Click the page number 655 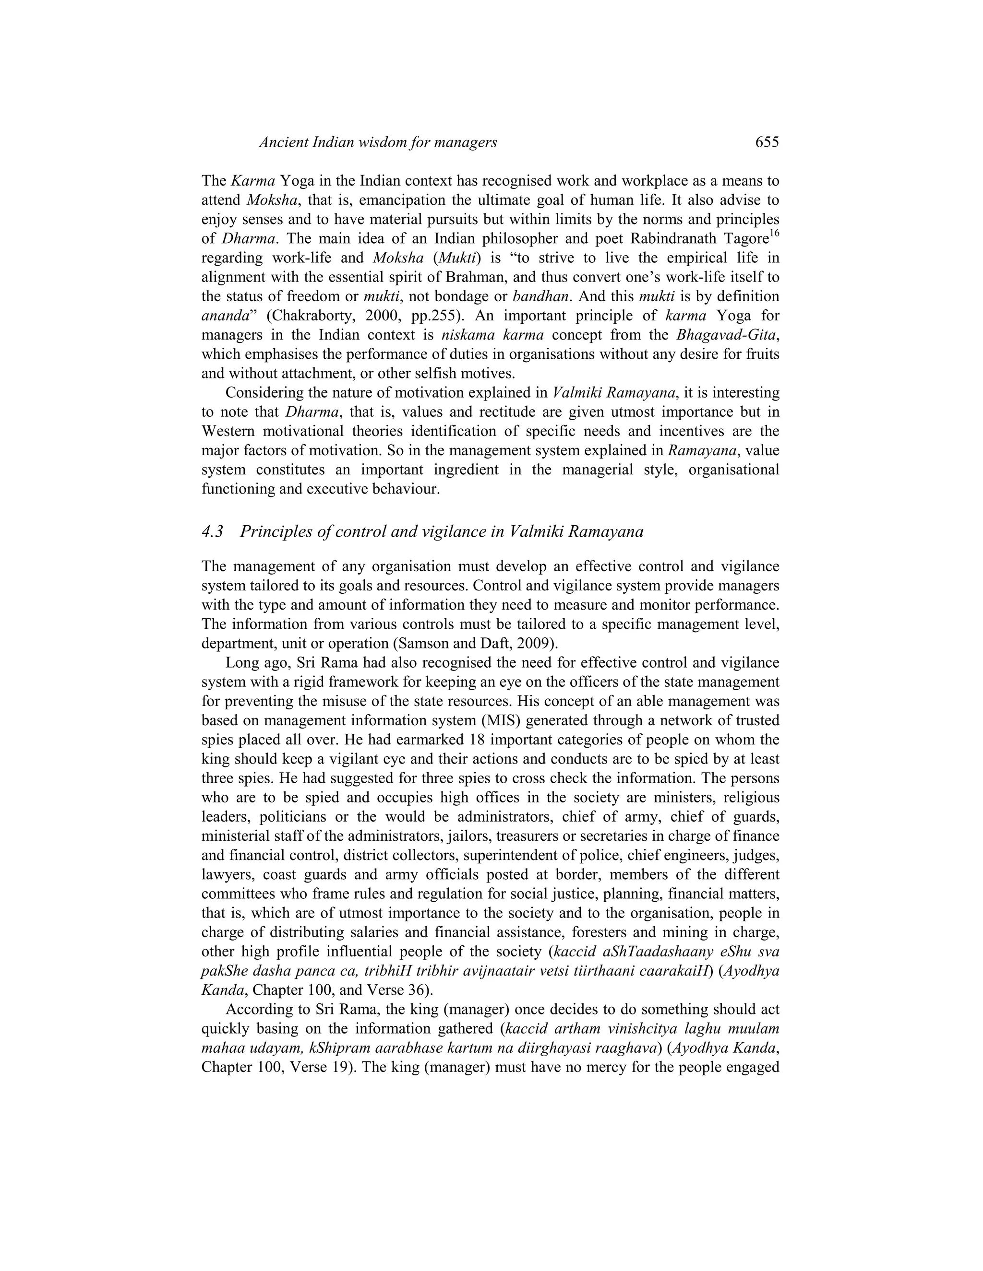(x=767, y=142)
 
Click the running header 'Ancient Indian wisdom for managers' (x=378, y=142)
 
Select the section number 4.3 (x=213, y=531)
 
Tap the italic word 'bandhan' (x=540, y=296)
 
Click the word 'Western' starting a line (x=227, y=431)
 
